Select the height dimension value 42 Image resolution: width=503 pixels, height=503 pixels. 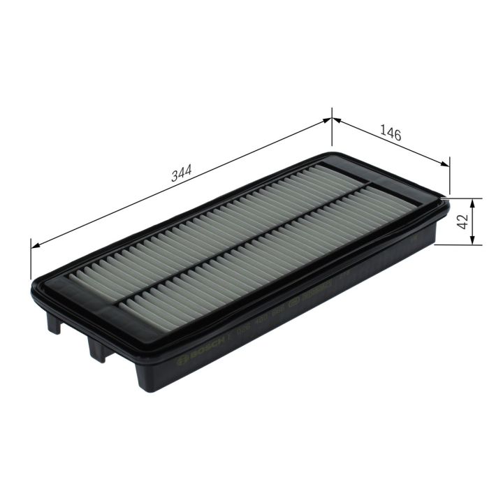tap(461, 222)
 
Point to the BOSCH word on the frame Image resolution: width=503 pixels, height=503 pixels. tap(195, 347)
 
